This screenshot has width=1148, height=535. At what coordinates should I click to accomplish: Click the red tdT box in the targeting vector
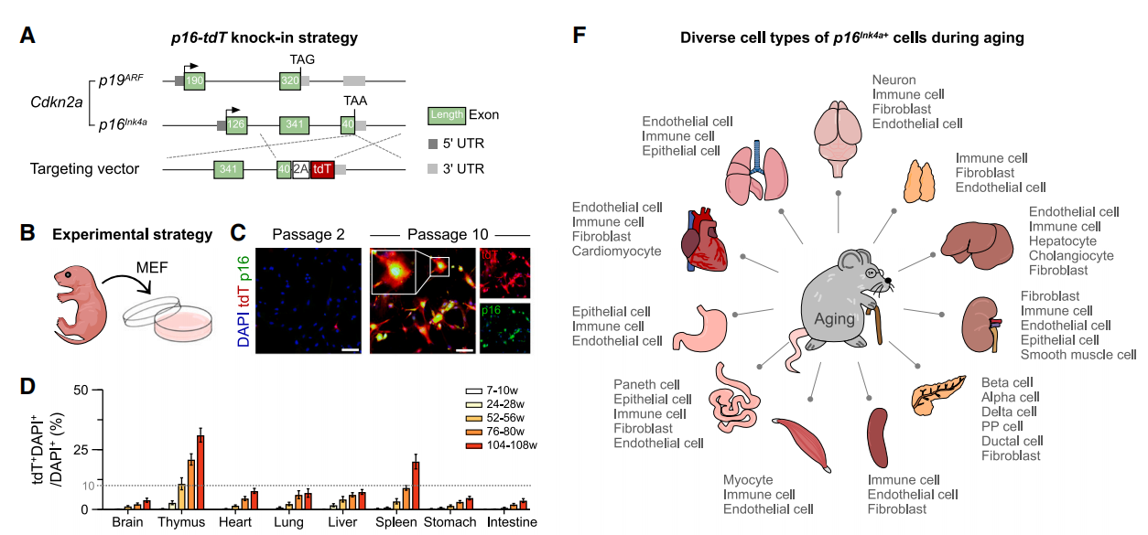tap(322, 169)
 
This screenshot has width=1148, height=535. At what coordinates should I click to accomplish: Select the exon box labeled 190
tap(194, 80)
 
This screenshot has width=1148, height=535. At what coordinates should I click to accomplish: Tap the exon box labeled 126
tap(236, 124)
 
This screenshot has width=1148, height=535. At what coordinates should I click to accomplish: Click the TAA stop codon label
tap(355, 101)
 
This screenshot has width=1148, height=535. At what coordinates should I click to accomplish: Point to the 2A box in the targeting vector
tap(301, 169)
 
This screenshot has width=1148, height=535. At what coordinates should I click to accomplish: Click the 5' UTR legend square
tap(433, 144)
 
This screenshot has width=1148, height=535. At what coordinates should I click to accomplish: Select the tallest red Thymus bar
tap(200, 472)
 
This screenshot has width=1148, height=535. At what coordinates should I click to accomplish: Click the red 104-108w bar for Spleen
tap(416, 486)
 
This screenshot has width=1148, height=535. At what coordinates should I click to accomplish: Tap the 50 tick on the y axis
tap(81, 391)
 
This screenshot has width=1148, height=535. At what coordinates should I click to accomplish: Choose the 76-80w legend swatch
tap(474, 432)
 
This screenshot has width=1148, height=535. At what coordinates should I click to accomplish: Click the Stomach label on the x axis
tap(449, 522)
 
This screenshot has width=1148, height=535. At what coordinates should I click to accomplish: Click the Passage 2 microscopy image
tap(309, 301)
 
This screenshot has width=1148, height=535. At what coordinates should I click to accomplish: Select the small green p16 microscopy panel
tap(504, 328)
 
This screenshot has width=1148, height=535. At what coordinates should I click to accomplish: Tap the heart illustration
tap(704, 240)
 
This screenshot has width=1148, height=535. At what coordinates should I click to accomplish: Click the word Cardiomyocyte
tap(616, 251)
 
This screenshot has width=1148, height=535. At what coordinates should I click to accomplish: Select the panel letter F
tap(579, 36)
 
